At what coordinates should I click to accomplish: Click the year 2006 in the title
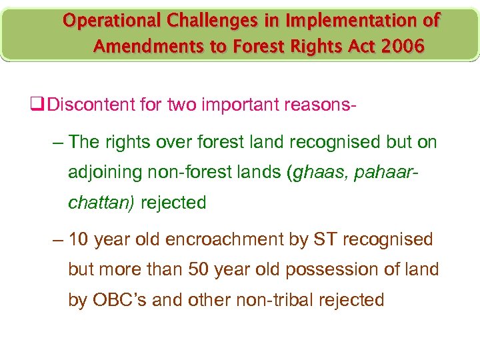click(x=400, y=47)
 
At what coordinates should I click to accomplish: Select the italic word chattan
click(x=99, y=203)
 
